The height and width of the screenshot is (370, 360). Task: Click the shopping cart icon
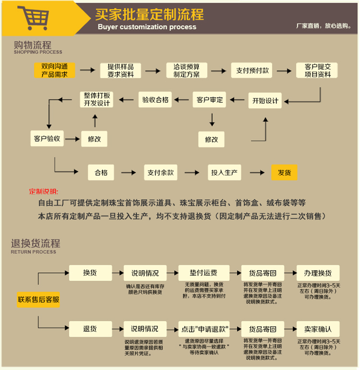click(x=34, y=18)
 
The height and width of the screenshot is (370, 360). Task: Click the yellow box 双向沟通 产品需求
click(x=55, y=71)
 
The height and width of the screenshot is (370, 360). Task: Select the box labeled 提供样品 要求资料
click(x=121, y=71)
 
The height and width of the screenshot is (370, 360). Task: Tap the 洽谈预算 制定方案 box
click(x=186, y=71)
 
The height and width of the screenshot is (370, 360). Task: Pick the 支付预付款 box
click(x=252, y=71)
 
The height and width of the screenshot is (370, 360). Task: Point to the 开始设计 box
click(x=265, y=101)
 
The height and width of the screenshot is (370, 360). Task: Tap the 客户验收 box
click(x=47, y=138)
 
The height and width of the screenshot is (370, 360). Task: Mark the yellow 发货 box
click(x=284, y=172)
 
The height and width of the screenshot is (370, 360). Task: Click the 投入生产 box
click(x=225, y=172)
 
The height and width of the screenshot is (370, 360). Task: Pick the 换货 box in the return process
click(x=90, y=273)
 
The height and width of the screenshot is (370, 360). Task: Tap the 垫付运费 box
click(x=203, y=273)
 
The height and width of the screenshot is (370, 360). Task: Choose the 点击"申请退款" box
click(x=203, y=329)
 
